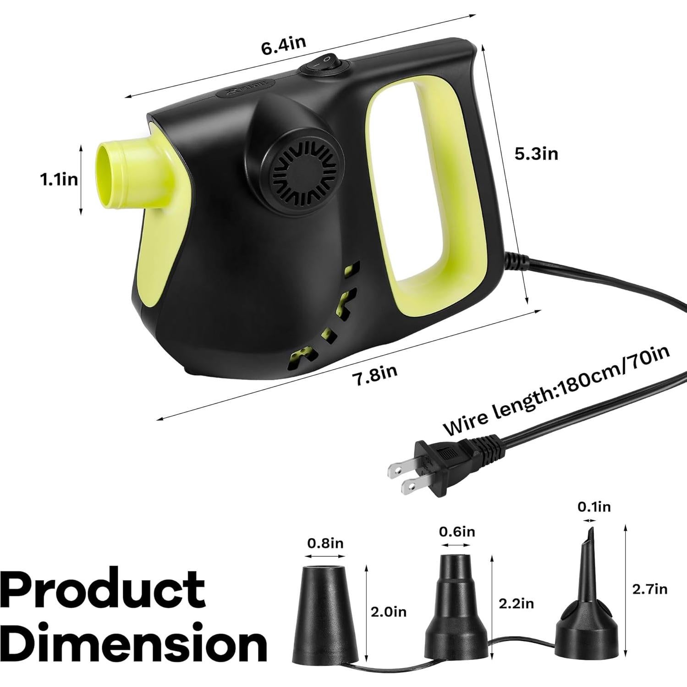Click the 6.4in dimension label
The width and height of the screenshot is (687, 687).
coord(283,45)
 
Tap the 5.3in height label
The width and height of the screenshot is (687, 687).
coord(536,154)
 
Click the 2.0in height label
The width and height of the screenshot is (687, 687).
coord(388,612)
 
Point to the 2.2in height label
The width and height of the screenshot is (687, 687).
coord(516,604)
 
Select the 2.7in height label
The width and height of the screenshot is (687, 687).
coord(649,589)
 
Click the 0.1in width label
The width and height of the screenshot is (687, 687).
coord(594,507)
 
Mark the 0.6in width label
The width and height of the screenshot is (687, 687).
coord(456,532)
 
